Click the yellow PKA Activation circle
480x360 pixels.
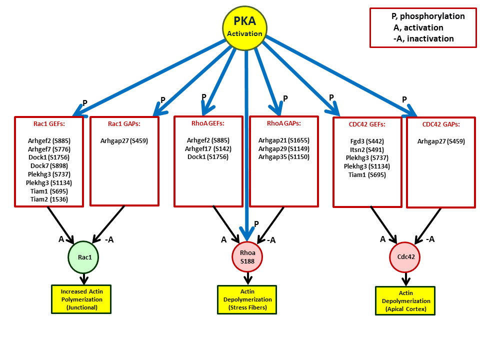click(x=244, y=27)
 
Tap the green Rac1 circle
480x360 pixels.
click(x=83, y=257)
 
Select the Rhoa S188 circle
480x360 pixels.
click(x=247, y=256)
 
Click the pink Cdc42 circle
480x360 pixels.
click(x=405, y=257)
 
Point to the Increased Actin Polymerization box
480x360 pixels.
click(x=81, y=299)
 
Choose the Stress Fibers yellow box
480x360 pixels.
click(x=246, y=299)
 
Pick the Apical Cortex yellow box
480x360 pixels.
click(x=405, y=300)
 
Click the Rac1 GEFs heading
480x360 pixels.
click(x=48, y=123)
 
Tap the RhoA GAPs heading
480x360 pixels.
click(x=283, y=123)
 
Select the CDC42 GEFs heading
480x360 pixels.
click(x=367, y=124)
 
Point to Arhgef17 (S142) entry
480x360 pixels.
click(x=208, y=148)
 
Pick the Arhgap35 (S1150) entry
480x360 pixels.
click(x=283, y=157)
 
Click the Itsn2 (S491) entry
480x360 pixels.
click(x=367, y=149)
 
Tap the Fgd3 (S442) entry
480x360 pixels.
click(x=367, y=141)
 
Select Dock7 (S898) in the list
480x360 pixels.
click(x=48, y=165)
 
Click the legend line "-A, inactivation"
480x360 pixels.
click(x=423, y=38)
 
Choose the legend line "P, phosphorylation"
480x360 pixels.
click(x=428, y=16)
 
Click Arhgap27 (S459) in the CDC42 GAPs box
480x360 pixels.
click(x=440, y=141)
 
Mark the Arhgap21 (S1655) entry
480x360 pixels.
click(x=283, y=140)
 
